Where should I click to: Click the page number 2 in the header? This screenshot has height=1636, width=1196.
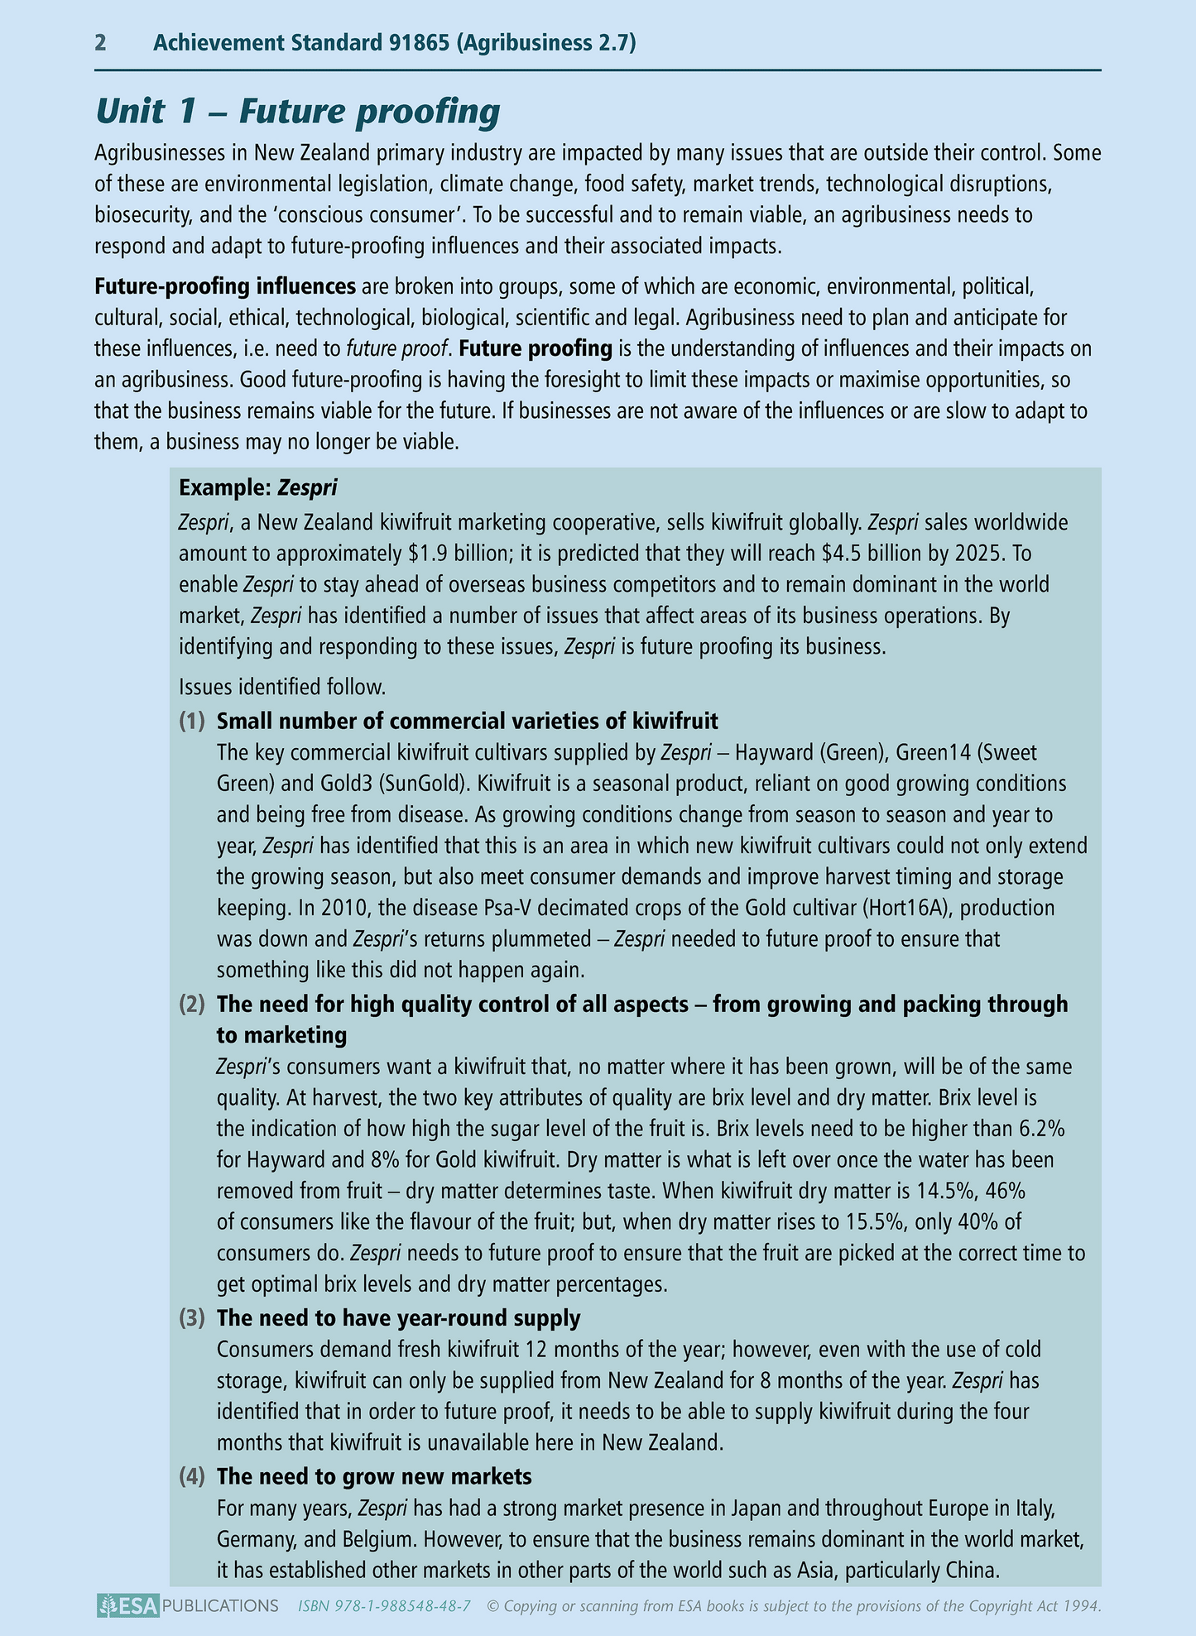[x=100, y=43]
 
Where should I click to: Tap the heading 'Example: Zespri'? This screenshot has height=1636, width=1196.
[x=258, y=488]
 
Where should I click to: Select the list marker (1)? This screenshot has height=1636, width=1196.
[x=193, y=721]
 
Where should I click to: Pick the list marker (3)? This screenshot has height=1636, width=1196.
[x=193, y=1317]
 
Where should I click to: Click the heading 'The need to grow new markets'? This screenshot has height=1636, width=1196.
[x=374, y=1476]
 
